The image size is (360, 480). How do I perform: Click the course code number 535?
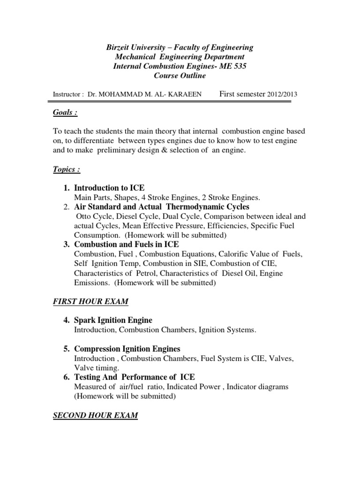tap(237, 67)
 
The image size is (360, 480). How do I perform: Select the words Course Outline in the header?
tap(180, 76)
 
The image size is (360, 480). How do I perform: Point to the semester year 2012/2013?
tap(282, 94)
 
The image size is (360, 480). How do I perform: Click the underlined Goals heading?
tap(64, 112)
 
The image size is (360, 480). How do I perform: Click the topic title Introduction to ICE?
tap(109, 188)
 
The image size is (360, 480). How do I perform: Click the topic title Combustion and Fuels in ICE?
tap(127, 245)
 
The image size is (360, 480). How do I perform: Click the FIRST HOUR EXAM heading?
tap(90, 301)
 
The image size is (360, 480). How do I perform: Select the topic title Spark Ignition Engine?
tap(113, 321)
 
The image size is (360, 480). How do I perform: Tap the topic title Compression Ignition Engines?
tap(127, 349)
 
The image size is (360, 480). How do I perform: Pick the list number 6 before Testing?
tap(66, 377)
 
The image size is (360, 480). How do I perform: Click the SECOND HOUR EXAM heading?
tap(95, 415)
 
